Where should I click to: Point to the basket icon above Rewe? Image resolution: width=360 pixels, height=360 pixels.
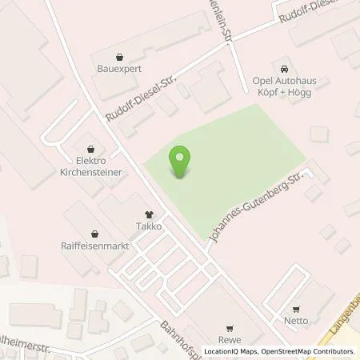coord(230,327)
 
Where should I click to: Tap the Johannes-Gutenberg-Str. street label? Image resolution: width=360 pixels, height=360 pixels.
coord(259,205)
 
